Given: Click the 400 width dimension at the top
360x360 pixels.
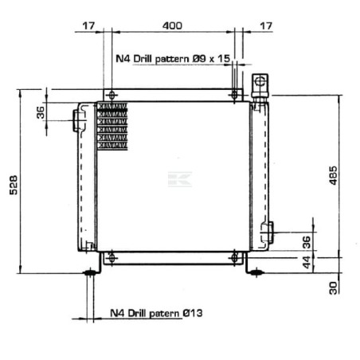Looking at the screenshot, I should coord(171,25).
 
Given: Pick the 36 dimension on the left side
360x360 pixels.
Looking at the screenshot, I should coord(41,112).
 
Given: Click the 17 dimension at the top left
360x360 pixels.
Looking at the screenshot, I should coord(89,25).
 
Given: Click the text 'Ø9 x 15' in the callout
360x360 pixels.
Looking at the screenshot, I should coord(209,59).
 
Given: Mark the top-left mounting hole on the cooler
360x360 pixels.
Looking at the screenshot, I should coord(111,95).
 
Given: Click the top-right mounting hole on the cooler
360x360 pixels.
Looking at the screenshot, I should coord(233,95).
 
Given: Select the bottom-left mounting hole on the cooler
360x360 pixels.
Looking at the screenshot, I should coord(111,256).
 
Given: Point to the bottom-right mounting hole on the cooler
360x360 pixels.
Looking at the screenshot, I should coord(233,256).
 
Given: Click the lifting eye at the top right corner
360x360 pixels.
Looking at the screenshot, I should coord(259,83).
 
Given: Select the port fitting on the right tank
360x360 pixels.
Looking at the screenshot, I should coord(268,231).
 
